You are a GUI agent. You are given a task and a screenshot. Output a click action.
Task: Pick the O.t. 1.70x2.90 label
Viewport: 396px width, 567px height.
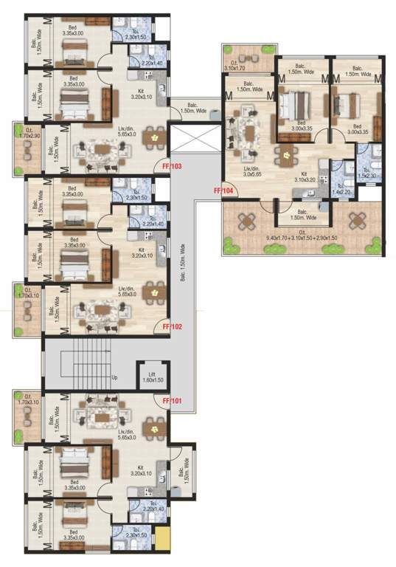(28, 136)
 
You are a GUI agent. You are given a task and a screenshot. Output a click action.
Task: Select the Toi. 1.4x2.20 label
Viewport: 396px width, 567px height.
(340, 190)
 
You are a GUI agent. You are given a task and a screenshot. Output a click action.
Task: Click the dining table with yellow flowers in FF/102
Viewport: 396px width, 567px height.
(153, 294)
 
